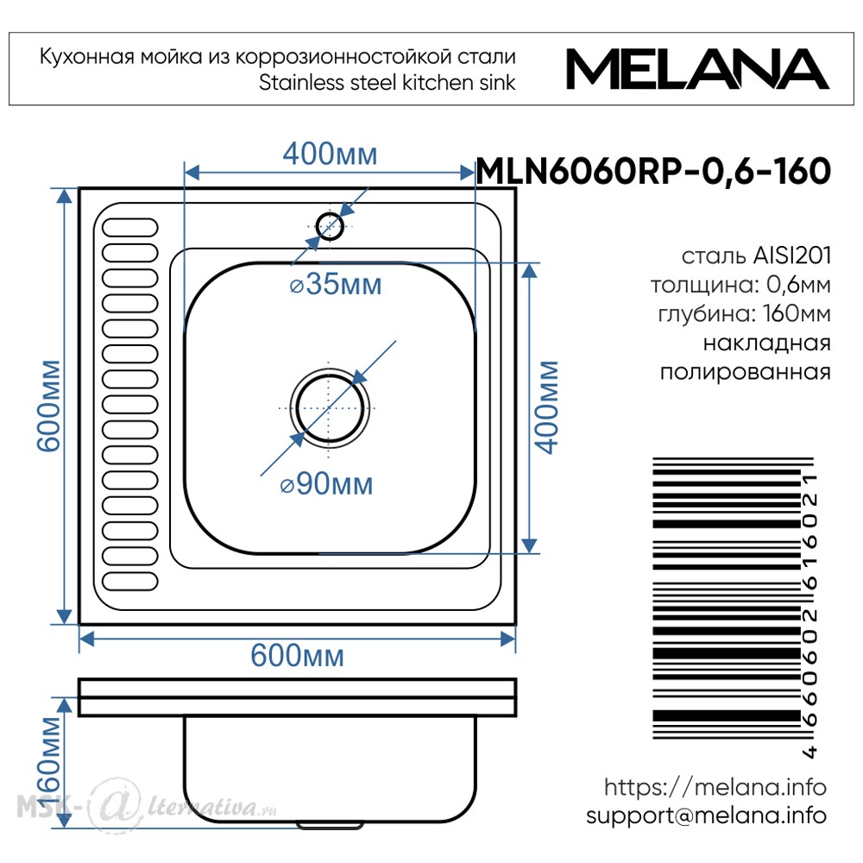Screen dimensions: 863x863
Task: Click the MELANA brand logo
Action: pos(697,69)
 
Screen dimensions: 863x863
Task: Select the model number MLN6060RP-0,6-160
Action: pos(653,171)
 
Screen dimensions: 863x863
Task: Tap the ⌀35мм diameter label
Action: pos(336,285)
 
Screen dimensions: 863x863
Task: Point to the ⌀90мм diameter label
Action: pos(326,484)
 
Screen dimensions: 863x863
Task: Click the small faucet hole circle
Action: pos(330,226)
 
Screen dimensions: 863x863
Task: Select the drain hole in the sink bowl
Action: pos(330,408)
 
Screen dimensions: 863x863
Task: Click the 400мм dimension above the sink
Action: pos(331,154)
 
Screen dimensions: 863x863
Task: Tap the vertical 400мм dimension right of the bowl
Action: pos(548,408)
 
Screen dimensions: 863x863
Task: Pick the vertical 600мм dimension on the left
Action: pos(48,406)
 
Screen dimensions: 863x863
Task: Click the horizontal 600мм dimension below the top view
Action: pos(297,656)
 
